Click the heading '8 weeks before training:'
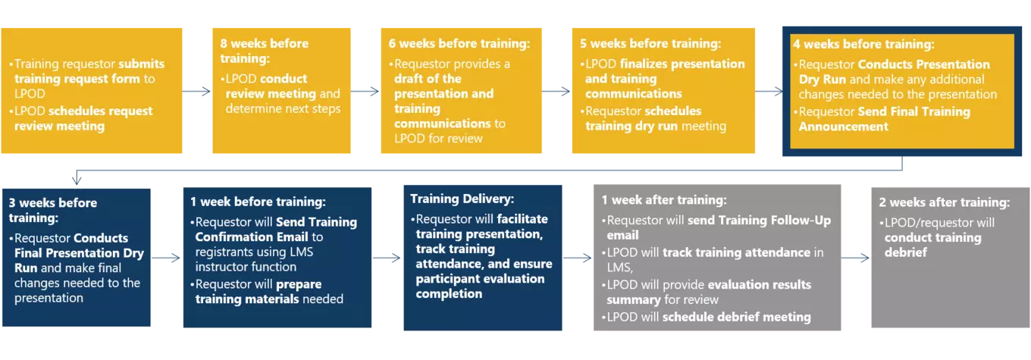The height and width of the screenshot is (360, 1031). (x=264, y=51)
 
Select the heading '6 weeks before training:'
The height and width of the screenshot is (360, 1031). (x=459, y=43)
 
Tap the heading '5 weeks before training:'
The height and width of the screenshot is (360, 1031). (x=650, y=43)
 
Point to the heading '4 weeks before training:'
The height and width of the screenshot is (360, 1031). (x=863, y=44)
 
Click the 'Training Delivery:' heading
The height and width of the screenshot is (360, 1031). (x=462, y=199)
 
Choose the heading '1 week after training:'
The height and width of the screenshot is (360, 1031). (x=664, y=200)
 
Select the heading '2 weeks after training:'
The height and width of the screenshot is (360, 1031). (x=944, y=202)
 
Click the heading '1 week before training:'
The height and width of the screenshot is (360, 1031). (x=258, y=202)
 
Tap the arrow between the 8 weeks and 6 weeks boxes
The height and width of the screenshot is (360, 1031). (x=365, y=92)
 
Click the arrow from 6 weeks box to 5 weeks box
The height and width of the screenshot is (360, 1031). (x=556, y=92)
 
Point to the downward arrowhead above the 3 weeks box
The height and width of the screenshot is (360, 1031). (x=77, y=180)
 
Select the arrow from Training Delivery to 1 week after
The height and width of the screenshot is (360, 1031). (x=577, y=258)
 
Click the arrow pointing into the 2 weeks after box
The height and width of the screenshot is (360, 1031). (x=855, y=258)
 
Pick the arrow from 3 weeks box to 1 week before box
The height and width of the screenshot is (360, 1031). (x=166, y=258)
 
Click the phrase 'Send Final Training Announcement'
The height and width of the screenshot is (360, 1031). (x=884, y=119)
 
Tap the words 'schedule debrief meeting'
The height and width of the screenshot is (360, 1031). (x=736, y=317)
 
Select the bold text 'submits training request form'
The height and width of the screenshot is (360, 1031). (x=89, y=71)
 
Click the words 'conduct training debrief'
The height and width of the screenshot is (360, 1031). (x=932, y=245)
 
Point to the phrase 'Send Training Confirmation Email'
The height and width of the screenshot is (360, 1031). (x=276, y=229)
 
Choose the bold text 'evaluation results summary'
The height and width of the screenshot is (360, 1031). (x=709, y=293)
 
